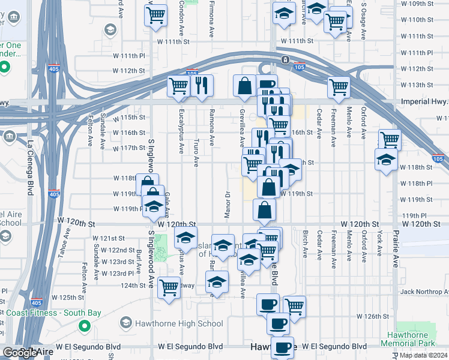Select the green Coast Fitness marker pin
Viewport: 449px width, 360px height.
point(85,326)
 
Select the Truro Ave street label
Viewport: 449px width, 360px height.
point(196,153)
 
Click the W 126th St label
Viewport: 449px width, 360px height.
point(373,316)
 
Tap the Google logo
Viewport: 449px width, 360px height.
point(19,353)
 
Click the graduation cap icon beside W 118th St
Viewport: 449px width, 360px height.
point(385,159)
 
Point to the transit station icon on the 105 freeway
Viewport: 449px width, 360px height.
point(285,59)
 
